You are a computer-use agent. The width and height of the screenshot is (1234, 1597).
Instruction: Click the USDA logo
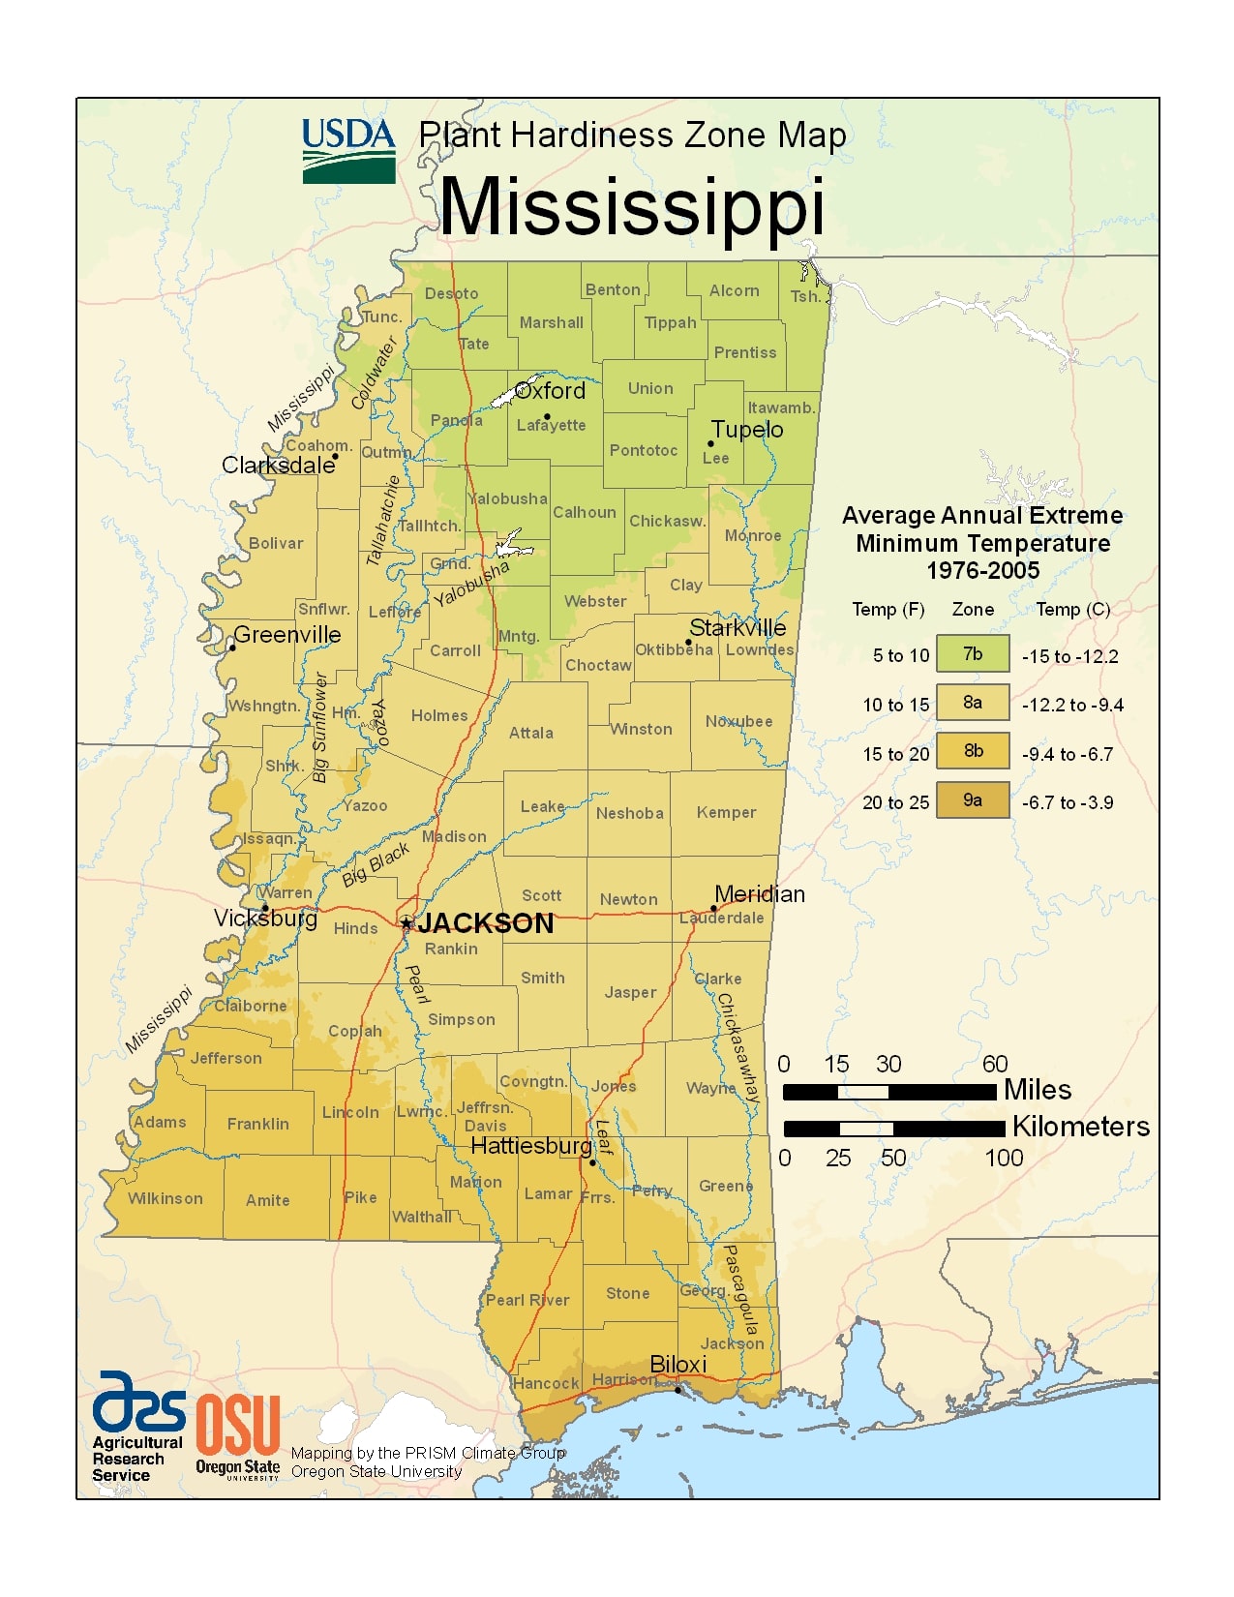click(x=348, y=150)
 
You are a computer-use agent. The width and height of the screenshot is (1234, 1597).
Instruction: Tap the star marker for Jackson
click(x=407, y=922)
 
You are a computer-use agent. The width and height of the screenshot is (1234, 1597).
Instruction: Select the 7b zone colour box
click(x=973, y=654)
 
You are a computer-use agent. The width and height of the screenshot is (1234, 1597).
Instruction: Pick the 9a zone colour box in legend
click(x=973, y=800)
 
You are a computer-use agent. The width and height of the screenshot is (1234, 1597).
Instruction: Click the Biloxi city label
click(x=677, y=1364)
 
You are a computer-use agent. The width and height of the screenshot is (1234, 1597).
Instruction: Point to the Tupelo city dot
click(x=710, y=444)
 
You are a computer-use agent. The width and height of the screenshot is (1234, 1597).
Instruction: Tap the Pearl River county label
click(x=527, y=1300)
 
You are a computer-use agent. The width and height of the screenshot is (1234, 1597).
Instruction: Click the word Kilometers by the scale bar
click(x=1080, y=1127)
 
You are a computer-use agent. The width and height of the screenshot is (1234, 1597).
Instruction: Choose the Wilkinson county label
click(x=166, y=1198)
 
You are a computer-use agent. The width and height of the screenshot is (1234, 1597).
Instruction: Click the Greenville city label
click(x=287, y=635)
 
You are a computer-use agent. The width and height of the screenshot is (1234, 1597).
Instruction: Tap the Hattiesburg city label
click(x=530, y=1146)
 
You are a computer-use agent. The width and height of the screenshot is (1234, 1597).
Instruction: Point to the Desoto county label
click(x=451, y=293)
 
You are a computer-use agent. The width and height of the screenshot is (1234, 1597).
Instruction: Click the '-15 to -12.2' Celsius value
click(x=1069, y=656)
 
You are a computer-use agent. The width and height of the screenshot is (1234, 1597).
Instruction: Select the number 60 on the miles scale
click(x=995, y=1064)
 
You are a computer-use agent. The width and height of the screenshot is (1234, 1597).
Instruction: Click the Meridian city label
click(x=759, y=894)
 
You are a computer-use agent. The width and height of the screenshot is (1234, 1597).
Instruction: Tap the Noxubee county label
click(x=738, y=721)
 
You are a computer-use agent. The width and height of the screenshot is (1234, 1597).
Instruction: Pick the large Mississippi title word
click(x=632, y=206)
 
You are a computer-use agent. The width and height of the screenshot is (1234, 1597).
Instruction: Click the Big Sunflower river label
click(x=320, y=728)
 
